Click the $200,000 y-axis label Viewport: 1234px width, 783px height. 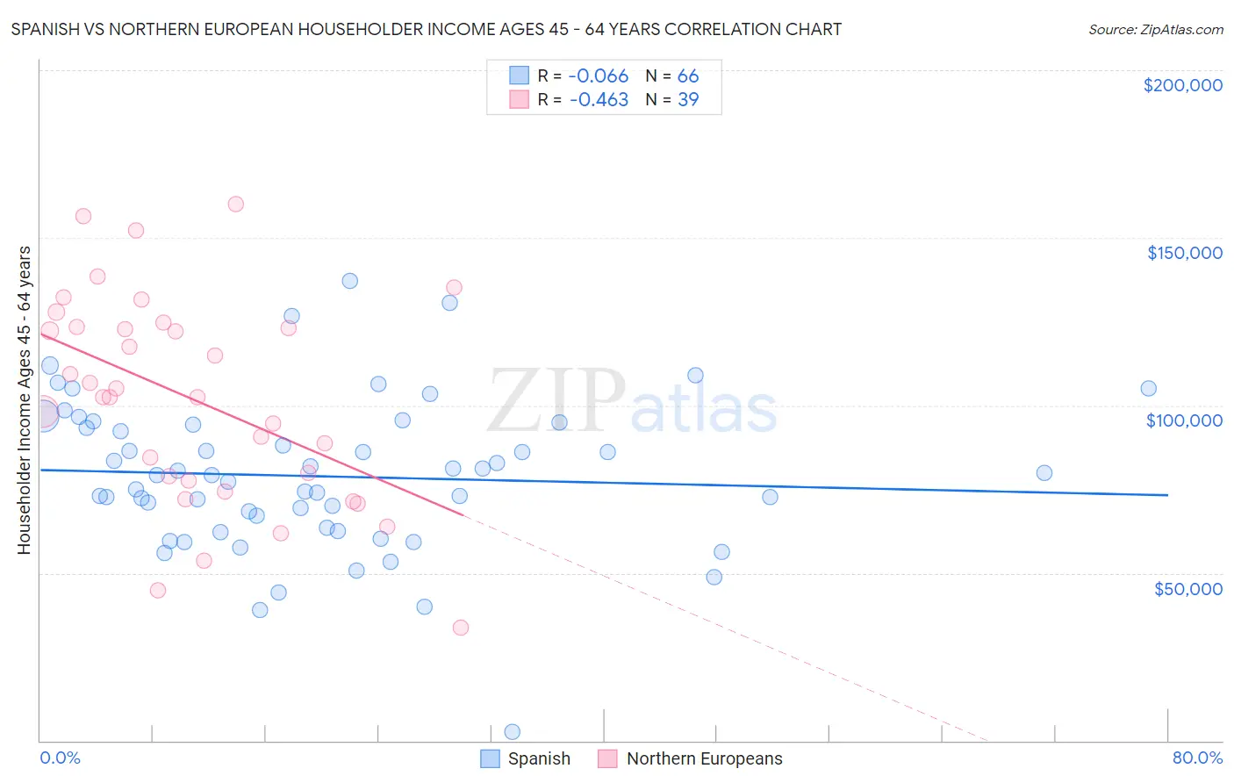click(1182, 85)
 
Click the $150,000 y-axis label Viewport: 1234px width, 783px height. click(1184, 253)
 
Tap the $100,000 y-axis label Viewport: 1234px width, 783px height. click(1184, 420)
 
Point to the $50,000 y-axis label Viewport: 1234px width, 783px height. click(1187, 588)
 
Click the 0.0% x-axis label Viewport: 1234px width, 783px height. click(60, 758)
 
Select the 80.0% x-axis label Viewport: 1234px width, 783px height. click(1197, 758)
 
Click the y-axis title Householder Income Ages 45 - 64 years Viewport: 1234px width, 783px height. click(24, 400)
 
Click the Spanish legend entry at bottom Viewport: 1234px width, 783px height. click(538, 758)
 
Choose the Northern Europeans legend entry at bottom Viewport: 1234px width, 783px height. click(704, 758)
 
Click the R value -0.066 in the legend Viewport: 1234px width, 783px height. click(599, 76)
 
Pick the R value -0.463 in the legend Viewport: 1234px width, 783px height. click(599, 100)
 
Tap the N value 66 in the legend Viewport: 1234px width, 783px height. click(688, 76)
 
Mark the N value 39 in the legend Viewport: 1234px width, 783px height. click(688, 100)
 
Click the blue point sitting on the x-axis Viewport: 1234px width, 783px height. click(513, 732)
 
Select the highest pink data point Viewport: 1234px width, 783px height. click(235, 205)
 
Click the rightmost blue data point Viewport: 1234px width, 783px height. click(1148, 389)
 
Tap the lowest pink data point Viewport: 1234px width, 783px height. click(460, 628)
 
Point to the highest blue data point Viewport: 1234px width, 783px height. click(349, 281)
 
